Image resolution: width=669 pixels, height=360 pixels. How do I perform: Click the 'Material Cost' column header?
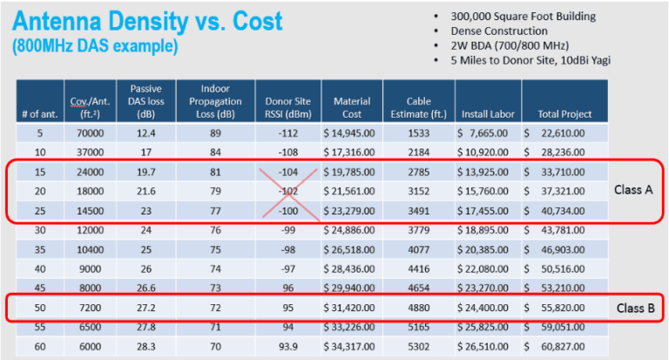click(x=352, y=107)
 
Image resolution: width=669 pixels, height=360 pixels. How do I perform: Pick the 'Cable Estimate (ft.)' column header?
click(x=424, y=107)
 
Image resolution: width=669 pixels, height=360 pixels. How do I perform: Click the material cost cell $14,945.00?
click(x=353, y=133)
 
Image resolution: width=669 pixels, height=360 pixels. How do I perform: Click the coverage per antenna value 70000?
click(x=78, y=133)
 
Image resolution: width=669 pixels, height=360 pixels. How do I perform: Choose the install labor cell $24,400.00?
click(x=488, y=308)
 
